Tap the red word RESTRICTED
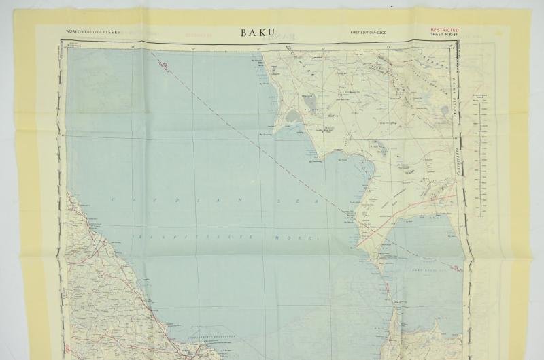[445, 30]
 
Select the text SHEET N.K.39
[445, 35]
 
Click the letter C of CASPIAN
[114, 199]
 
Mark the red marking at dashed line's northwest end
[165, 65]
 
